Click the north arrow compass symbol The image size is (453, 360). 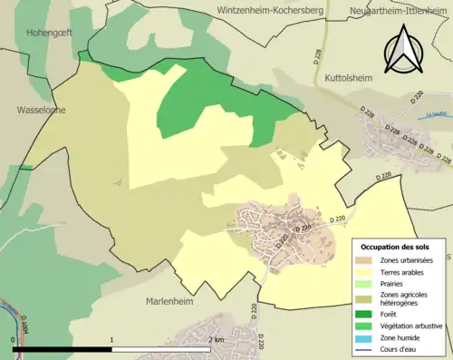(400, 48)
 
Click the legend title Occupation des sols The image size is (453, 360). (397, 247)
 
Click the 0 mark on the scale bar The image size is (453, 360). (13, 339)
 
